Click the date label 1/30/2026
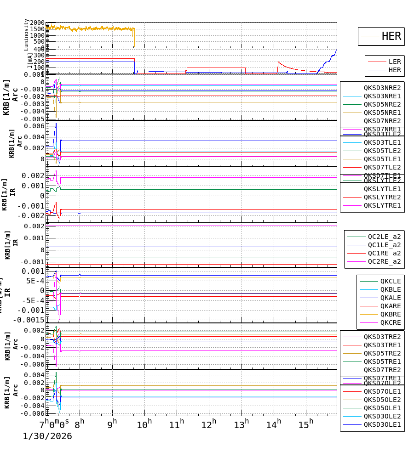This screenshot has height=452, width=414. pyautogui.click(x=47, y=436)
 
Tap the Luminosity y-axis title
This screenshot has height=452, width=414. pyautogui.click(x=27, y=34)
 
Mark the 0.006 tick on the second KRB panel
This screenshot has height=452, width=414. pyautogui.click(x=36, y=126)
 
